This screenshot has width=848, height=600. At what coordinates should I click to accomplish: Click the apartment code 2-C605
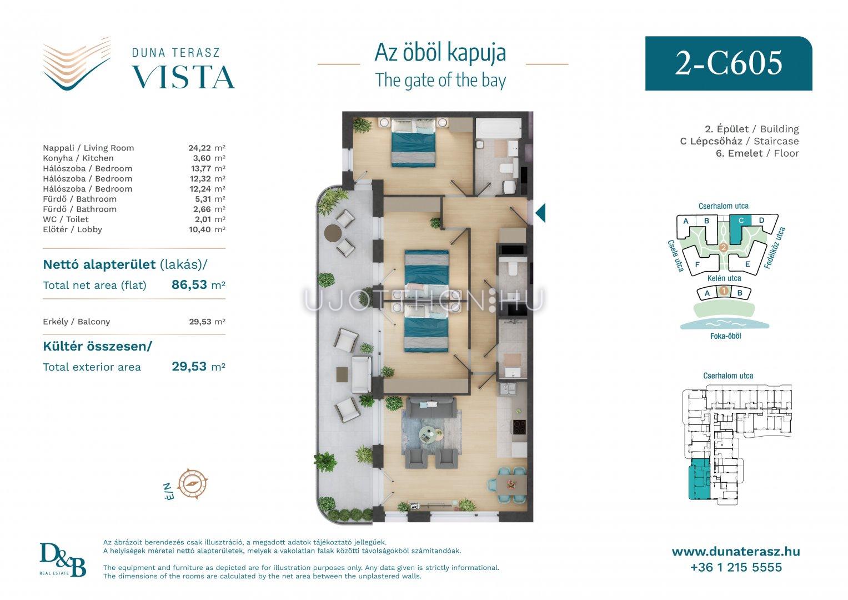[729, 63]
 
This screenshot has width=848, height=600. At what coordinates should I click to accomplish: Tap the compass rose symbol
[192, 484]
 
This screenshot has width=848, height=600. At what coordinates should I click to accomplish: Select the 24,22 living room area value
[199, 148]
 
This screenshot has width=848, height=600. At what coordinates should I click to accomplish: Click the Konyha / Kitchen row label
[78, 158]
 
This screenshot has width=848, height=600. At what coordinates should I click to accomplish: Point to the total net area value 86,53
[189, 284]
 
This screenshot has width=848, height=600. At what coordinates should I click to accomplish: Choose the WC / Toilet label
[66, 219]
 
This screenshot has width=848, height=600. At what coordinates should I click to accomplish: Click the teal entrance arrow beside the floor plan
[540, 212]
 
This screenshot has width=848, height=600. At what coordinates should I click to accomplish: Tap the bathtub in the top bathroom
[498, 128]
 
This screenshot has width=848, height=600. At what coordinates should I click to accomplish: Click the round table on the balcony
[333, 232]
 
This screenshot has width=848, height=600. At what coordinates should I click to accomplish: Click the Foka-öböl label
[725, 336]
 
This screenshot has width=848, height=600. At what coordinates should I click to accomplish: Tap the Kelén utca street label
[724, 278]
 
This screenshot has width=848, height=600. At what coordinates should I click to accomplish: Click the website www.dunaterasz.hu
[736, 552]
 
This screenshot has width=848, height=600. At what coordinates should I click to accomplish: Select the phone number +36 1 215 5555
[736, 567]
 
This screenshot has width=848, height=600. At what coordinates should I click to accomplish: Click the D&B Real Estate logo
[63, 560]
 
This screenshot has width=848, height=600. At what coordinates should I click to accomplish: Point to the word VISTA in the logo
[183, 77]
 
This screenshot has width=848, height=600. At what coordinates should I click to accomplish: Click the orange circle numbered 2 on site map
[724, 248]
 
